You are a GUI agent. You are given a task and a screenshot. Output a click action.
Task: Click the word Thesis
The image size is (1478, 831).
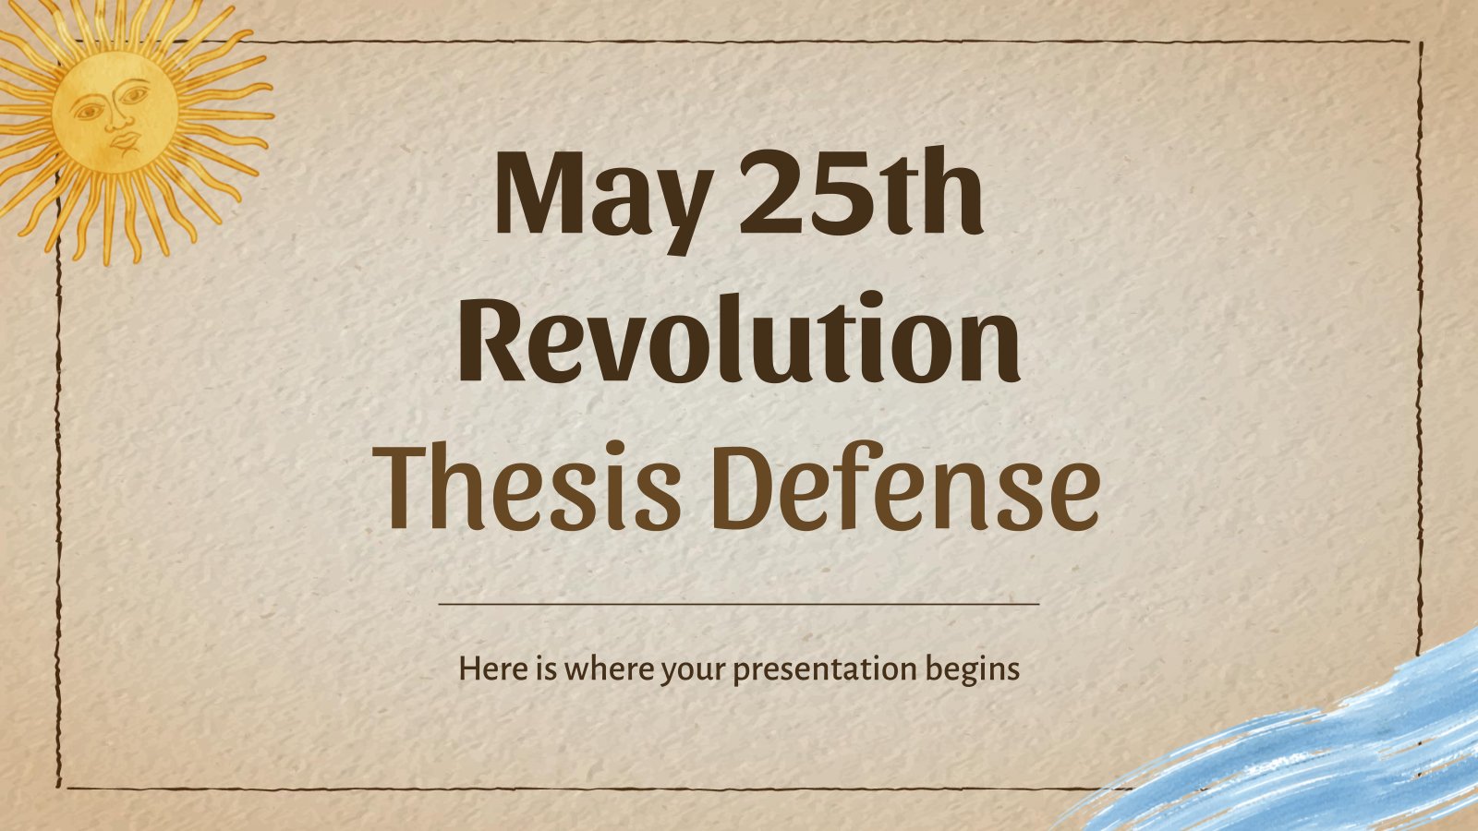click(x=526, y=486)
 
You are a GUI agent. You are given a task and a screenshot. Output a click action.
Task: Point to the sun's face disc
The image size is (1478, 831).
click(x=115, y=112)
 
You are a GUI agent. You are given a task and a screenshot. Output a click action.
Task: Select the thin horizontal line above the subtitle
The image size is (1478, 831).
click(x=739, y=604)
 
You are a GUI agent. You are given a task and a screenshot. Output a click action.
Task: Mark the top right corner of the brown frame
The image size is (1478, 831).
click(x=1420, y=43)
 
